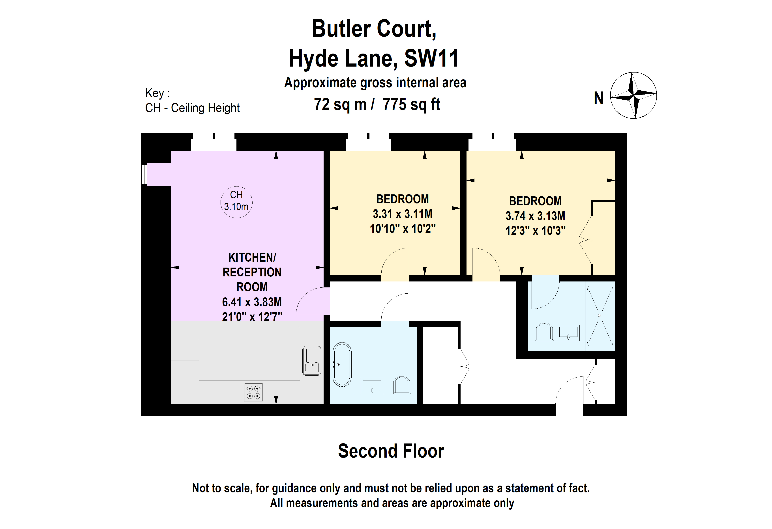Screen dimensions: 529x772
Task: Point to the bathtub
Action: [x=342, y=364]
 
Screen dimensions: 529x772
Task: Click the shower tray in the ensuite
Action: [x=600, y=316]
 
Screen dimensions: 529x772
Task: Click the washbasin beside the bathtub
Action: [x=372, y=386]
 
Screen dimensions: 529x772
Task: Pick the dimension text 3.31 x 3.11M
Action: [x=402, y=214]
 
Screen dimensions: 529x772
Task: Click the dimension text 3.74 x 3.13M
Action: [x=535, y=216]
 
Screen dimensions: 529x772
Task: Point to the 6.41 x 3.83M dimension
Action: [x=252, y=302]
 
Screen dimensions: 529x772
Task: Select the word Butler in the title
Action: [x=341, y=29]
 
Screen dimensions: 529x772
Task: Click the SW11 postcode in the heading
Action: [x=431, y=58]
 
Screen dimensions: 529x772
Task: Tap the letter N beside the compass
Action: [x=599, y=98]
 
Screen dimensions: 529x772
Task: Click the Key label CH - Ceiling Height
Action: [x=192, y=108]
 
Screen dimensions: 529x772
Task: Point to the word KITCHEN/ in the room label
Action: [x=252, y=257]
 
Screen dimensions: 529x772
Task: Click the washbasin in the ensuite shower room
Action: [x=568, y=332]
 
